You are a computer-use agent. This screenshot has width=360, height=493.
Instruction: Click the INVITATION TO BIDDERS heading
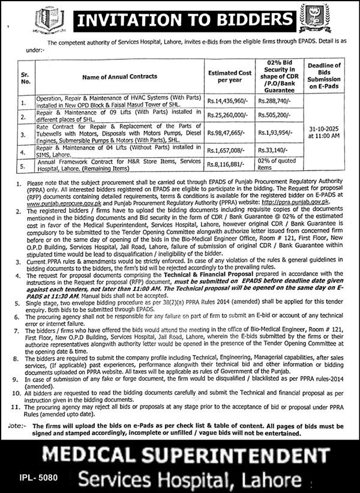coord(180,22)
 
